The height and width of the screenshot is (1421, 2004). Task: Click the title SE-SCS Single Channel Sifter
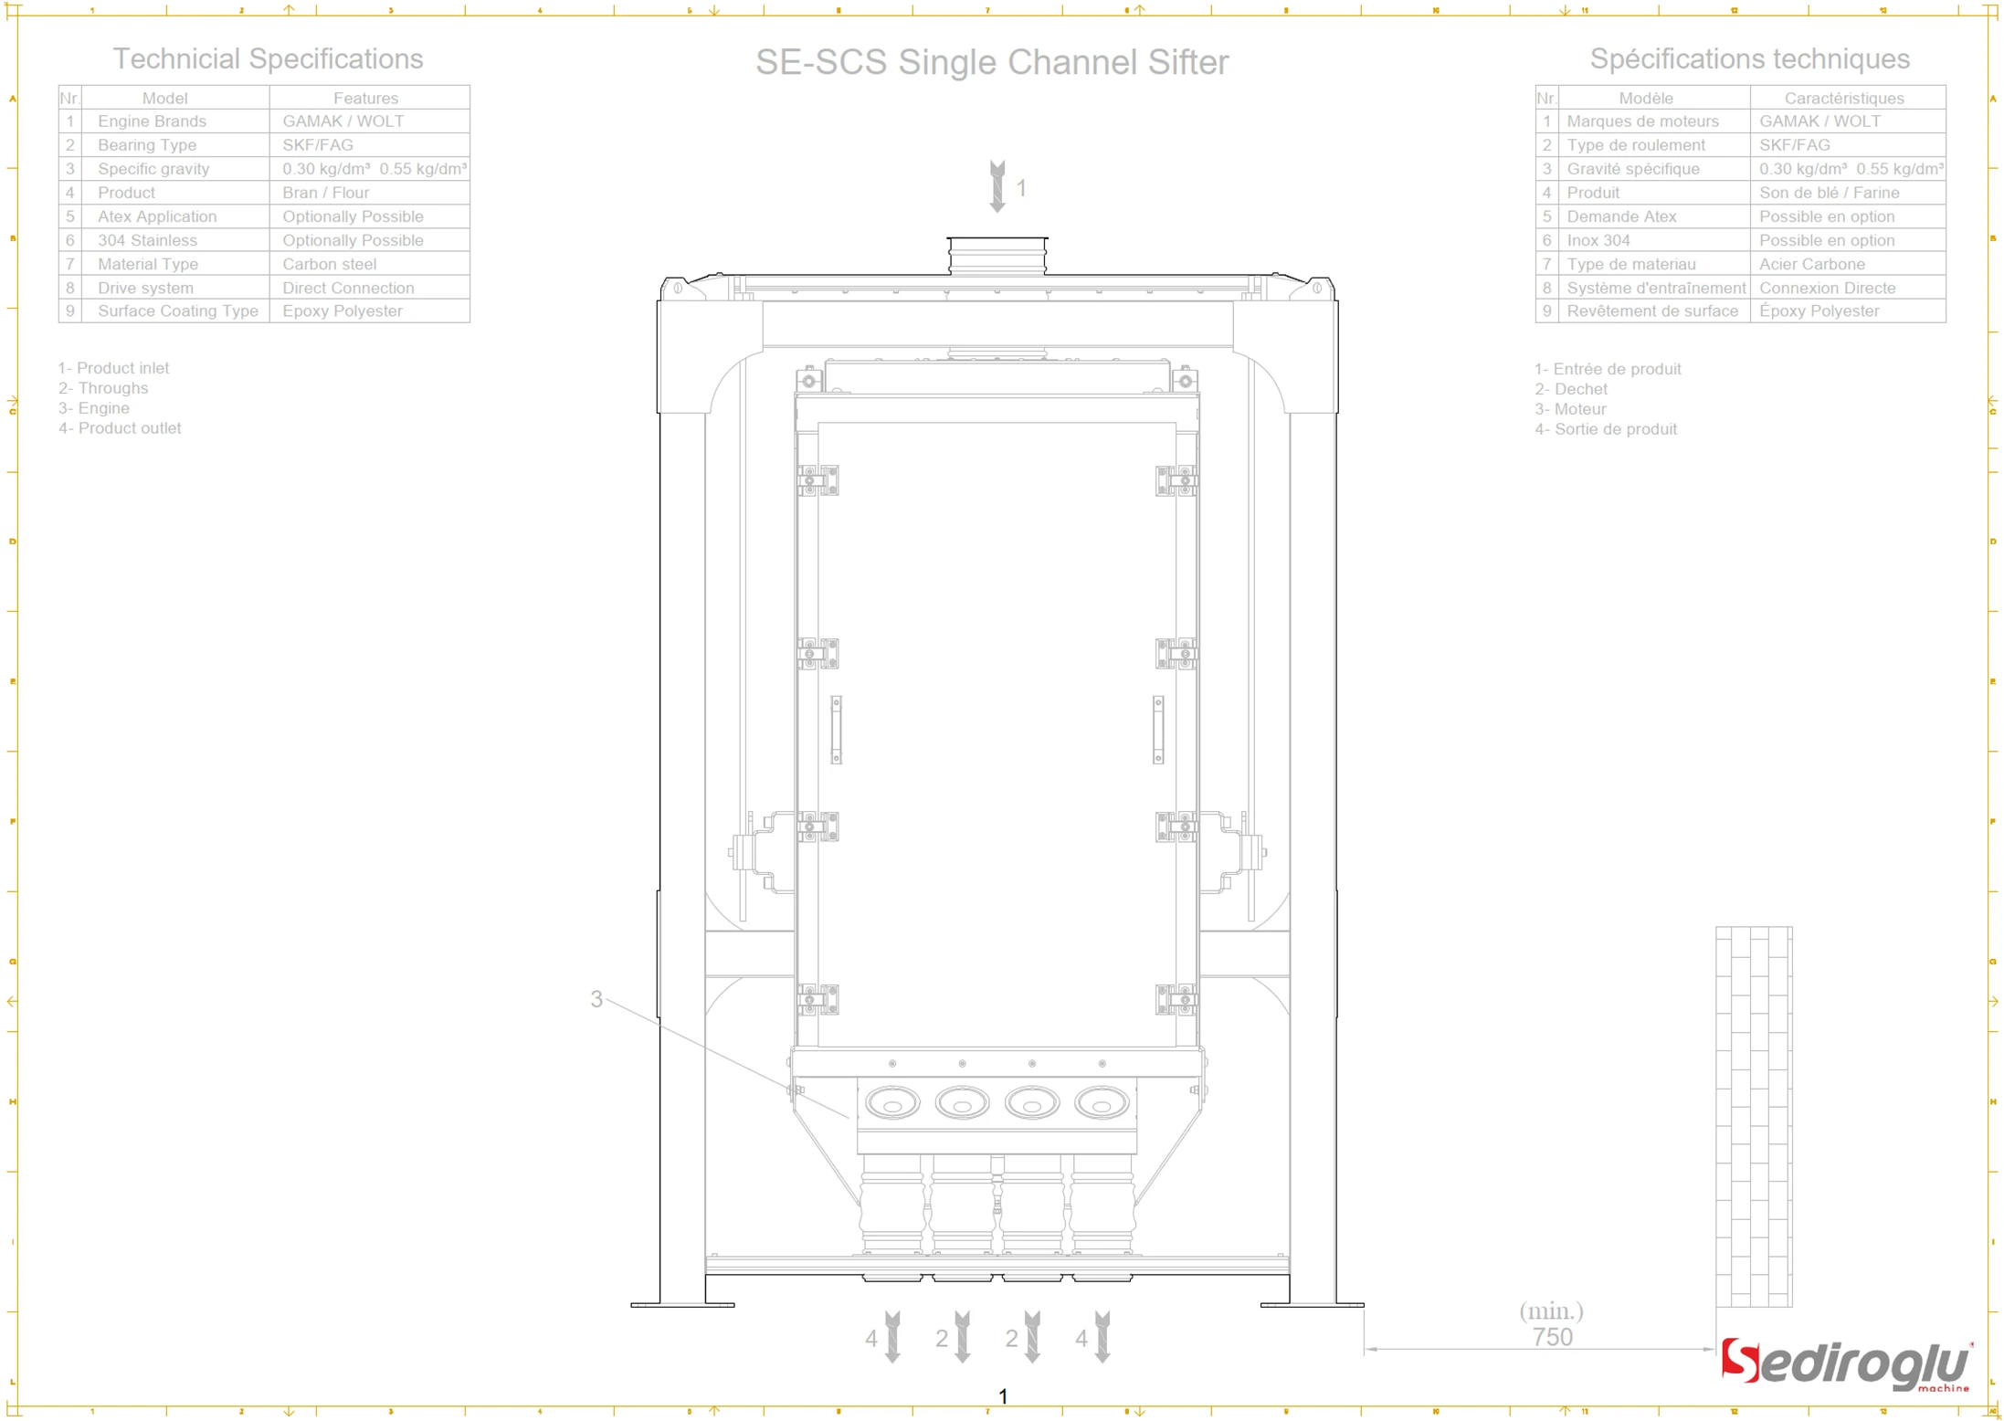pos(991,62)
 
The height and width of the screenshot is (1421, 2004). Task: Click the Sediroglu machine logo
pos(1845,1364)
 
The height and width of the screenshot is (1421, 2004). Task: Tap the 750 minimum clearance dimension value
pos(1552,1337)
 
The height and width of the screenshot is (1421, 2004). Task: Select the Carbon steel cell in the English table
pos(329,264)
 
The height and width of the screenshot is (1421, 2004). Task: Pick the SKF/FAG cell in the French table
pos(1794,145)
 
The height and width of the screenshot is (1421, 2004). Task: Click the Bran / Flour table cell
pos(325,193)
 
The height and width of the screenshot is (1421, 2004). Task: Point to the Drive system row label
pos(145,288)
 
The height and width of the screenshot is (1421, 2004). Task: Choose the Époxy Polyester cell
pos(1819,311)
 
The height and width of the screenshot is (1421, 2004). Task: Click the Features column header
pos(365,98)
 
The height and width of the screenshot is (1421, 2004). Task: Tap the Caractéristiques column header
pos(1843,98)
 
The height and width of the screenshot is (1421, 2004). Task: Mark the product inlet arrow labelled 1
pos(997,187)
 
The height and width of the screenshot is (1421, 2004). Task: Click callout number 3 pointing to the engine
pos(596,999)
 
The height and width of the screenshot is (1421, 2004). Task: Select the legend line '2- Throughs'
pos(103,388)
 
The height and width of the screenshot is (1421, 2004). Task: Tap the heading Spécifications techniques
pos(1748,59)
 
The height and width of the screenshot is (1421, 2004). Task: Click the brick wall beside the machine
pos(1753,1116)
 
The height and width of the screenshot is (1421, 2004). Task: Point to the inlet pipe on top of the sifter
pos(997,255)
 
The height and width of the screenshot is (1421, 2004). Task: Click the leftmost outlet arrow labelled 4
pos(892,1338)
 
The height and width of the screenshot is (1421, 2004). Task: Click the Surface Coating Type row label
pos(177,311)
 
